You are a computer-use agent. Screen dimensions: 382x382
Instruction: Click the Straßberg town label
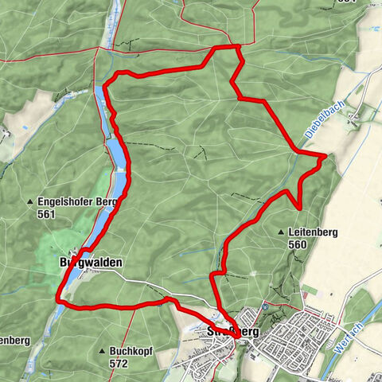coord(233,330)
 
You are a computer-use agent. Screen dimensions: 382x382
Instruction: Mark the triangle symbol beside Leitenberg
coord(282,232)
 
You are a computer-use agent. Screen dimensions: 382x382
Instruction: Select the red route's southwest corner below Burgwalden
coord(58,300)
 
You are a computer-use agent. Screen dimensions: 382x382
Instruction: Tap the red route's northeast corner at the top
coord(238,48)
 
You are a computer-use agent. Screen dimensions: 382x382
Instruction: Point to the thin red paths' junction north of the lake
coord(98,49)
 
